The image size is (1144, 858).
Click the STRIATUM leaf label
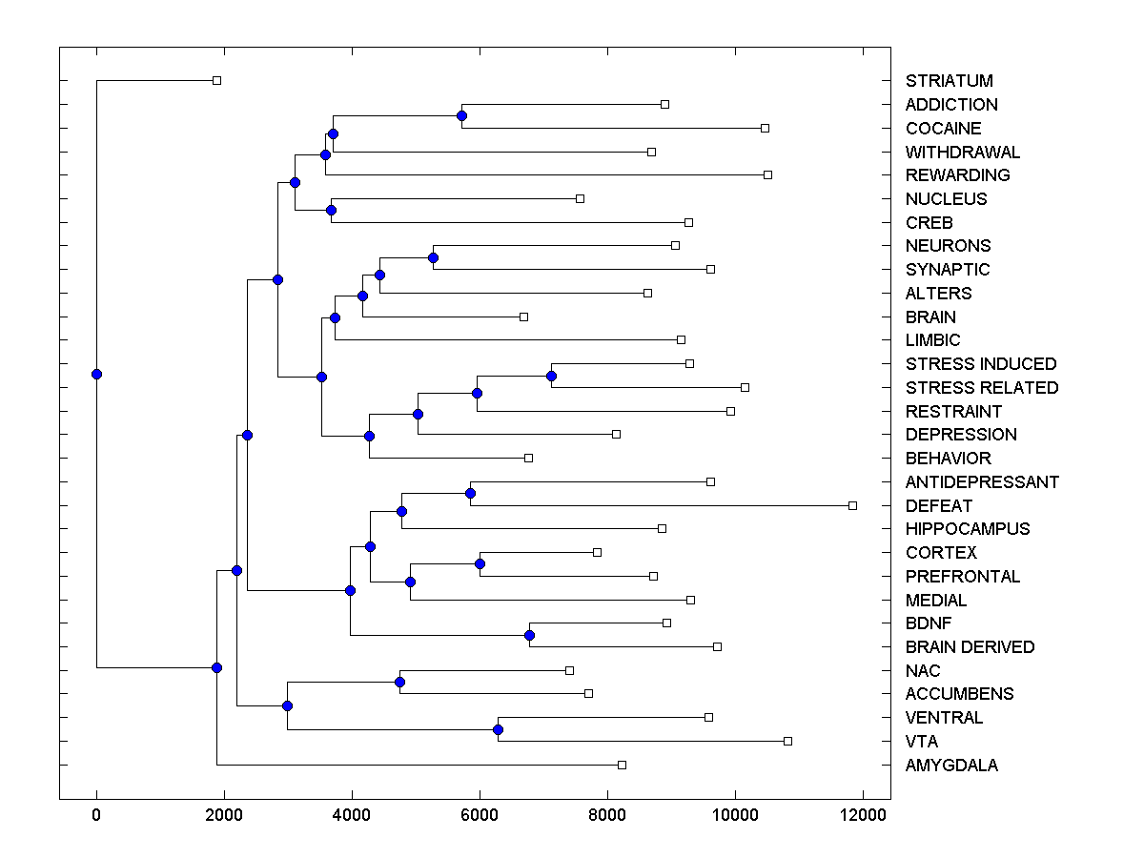(949, 81)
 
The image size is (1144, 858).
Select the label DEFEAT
(939, 505)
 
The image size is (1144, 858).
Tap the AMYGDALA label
(951, 765)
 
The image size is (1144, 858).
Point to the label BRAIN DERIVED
(970, 646)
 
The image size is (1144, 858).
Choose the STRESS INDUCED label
(981, 364)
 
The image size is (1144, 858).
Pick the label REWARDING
(957, 175)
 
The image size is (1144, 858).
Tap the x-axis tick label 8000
(607, 815)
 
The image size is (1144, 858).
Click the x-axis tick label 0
(96, 815)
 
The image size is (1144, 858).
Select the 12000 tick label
(863, 815)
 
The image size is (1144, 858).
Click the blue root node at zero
(96, 374)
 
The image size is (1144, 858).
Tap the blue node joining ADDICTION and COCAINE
(461, 116)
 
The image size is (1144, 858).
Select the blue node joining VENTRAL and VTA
(498, 729)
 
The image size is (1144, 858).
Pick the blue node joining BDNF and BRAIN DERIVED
(529, 635)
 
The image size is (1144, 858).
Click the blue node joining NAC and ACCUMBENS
(399, 682)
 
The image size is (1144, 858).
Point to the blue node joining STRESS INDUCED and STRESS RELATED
(551, 376)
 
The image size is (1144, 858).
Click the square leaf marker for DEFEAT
(852, 505)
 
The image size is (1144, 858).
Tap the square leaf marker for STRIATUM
(216, 81)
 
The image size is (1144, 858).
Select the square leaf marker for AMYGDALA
(622, 765)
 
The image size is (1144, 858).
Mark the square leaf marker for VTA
(787, 741)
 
